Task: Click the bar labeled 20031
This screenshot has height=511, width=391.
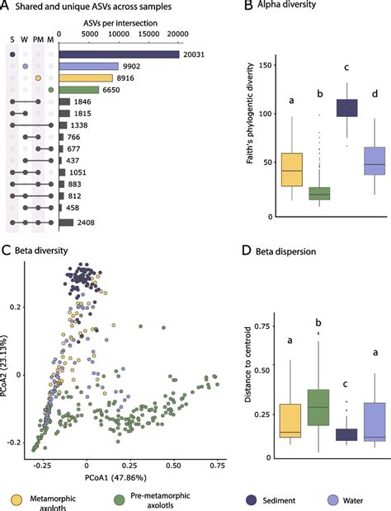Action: pos(118,54)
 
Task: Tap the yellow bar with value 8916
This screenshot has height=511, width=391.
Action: pos(85,77)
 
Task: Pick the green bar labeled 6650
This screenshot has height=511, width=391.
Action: pos(78,89)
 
